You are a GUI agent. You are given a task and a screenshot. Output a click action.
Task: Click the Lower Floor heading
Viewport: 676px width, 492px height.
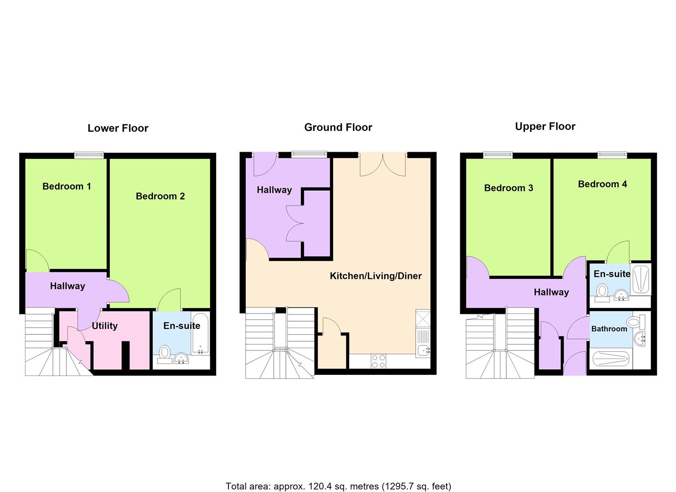pyautogui.click(x=118, y=128)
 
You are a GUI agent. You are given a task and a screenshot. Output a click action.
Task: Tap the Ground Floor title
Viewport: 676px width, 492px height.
pyautogui.click(x=338, y=127)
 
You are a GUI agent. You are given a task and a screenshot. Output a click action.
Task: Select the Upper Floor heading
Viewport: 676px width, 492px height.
pyautogui.click(x=545, y=126)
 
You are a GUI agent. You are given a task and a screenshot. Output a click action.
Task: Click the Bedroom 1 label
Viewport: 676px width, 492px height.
pyautogui.click(x=66, y=186)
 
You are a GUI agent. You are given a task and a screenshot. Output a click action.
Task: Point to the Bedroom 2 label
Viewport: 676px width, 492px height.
pyautogui.click(x=160, y=196)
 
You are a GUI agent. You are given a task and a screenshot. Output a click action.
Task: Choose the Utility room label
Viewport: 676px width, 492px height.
pyautogui.click(x=104, y=326)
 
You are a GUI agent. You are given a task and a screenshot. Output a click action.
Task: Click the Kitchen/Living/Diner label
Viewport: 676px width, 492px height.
pyautogui.click(x=376, y=276)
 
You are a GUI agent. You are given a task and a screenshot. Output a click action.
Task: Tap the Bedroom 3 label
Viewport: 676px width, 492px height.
pyautogui.click(x=508, y=188)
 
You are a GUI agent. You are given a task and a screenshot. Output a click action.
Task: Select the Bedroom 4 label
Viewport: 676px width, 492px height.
pyautogui.click(x=602, y=184)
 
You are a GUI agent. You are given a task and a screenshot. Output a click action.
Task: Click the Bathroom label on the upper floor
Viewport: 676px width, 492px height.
pyautogui.click(x=609, y=328)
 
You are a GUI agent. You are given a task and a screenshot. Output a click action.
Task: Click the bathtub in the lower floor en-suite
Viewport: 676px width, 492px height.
pyautogui.click(x=200, y=333)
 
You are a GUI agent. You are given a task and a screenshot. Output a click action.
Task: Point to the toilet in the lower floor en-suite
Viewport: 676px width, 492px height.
pyautogui.click(x=165, y=354)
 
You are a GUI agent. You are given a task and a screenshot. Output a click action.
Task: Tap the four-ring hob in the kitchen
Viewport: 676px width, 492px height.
pyautogui.click(x=378, y=361)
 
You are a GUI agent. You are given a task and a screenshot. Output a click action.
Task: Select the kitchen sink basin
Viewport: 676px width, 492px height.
pyautogui.click(x=423, y=351)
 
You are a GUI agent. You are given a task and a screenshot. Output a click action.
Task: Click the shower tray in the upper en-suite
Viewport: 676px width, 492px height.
pyautogui.click(x=640, y=279)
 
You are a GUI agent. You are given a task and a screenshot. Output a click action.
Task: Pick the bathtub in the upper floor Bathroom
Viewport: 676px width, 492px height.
pyautogui.click(x=611, y=359)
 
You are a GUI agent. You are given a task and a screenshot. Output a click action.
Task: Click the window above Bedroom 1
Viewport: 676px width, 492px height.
pyautogui.click(x=89, y=155)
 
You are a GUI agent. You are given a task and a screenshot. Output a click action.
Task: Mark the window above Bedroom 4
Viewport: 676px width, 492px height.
pyautogui.click(x=612, y=155)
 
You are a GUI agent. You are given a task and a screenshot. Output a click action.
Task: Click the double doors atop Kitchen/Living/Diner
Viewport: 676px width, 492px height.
pyautogui.click(x=383, y=164)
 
